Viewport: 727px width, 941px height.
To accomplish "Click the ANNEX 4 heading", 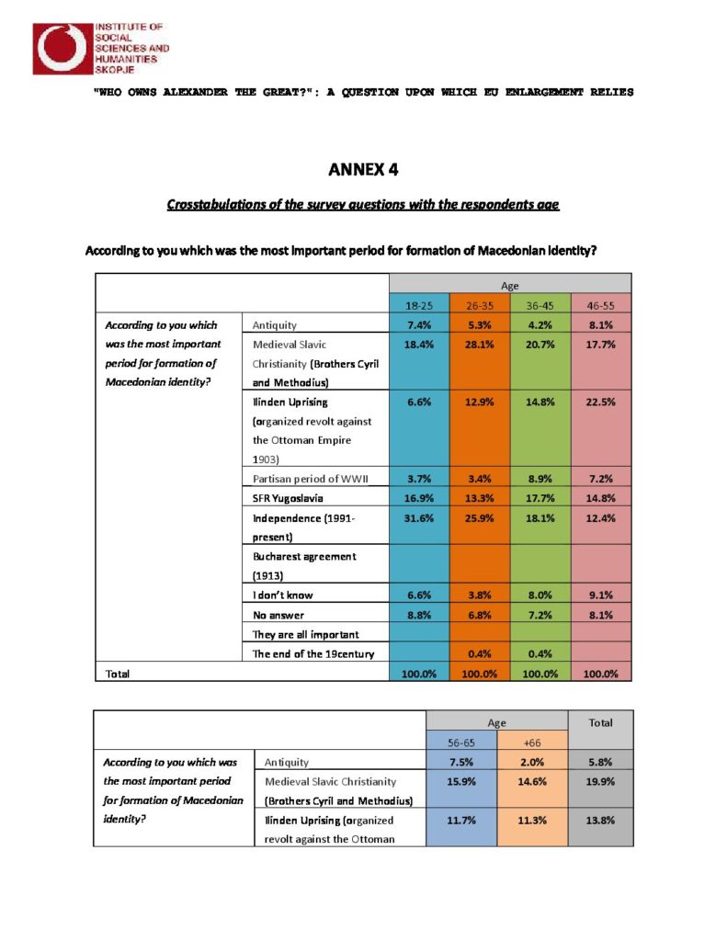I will [363, 169].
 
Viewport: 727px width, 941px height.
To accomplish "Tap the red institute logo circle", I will [62, 48].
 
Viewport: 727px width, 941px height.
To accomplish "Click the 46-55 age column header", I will [601, 304].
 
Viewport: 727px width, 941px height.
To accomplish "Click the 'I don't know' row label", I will [282, 595].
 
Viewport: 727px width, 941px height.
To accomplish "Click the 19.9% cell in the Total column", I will [600, 781].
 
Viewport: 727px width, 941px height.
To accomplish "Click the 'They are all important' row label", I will [305, 634].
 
